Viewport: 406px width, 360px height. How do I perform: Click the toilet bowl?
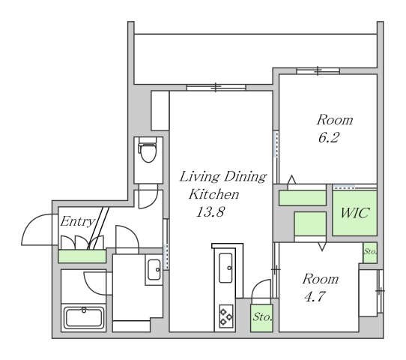click(x=148, y=149)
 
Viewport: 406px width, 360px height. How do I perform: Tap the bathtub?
click(x=84, y=317)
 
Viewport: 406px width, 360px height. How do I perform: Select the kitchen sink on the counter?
click(x=225, y=268)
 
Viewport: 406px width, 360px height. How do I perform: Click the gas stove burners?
click(x=226, y=316)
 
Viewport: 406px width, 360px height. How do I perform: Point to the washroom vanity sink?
click(x=154, y=269)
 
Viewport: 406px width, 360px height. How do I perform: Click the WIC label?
click(x=354, y=213)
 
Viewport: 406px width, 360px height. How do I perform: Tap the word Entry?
click(x=77, y=222)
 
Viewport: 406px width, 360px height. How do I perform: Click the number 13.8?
click(x=210, y=211)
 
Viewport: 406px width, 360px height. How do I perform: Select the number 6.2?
click(x=329, y=137)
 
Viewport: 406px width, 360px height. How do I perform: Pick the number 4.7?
click(x=315, y=296)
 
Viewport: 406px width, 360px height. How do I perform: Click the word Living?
click(x=200, y=177)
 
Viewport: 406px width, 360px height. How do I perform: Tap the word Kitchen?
click(x=214, y=194)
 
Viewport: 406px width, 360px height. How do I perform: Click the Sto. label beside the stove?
click(x=262, y=316)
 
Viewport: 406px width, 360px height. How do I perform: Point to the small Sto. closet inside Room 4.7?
click(x=370, y=253)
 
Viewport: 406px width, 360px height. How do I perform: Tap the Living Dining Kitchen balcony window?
click(x=216, y=87)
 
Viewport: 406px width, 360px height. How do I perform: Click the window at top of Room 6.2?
click(x=318, y=70)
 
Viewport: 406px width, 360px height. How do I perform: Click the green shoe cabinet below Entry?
click(x=82, y=256)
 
